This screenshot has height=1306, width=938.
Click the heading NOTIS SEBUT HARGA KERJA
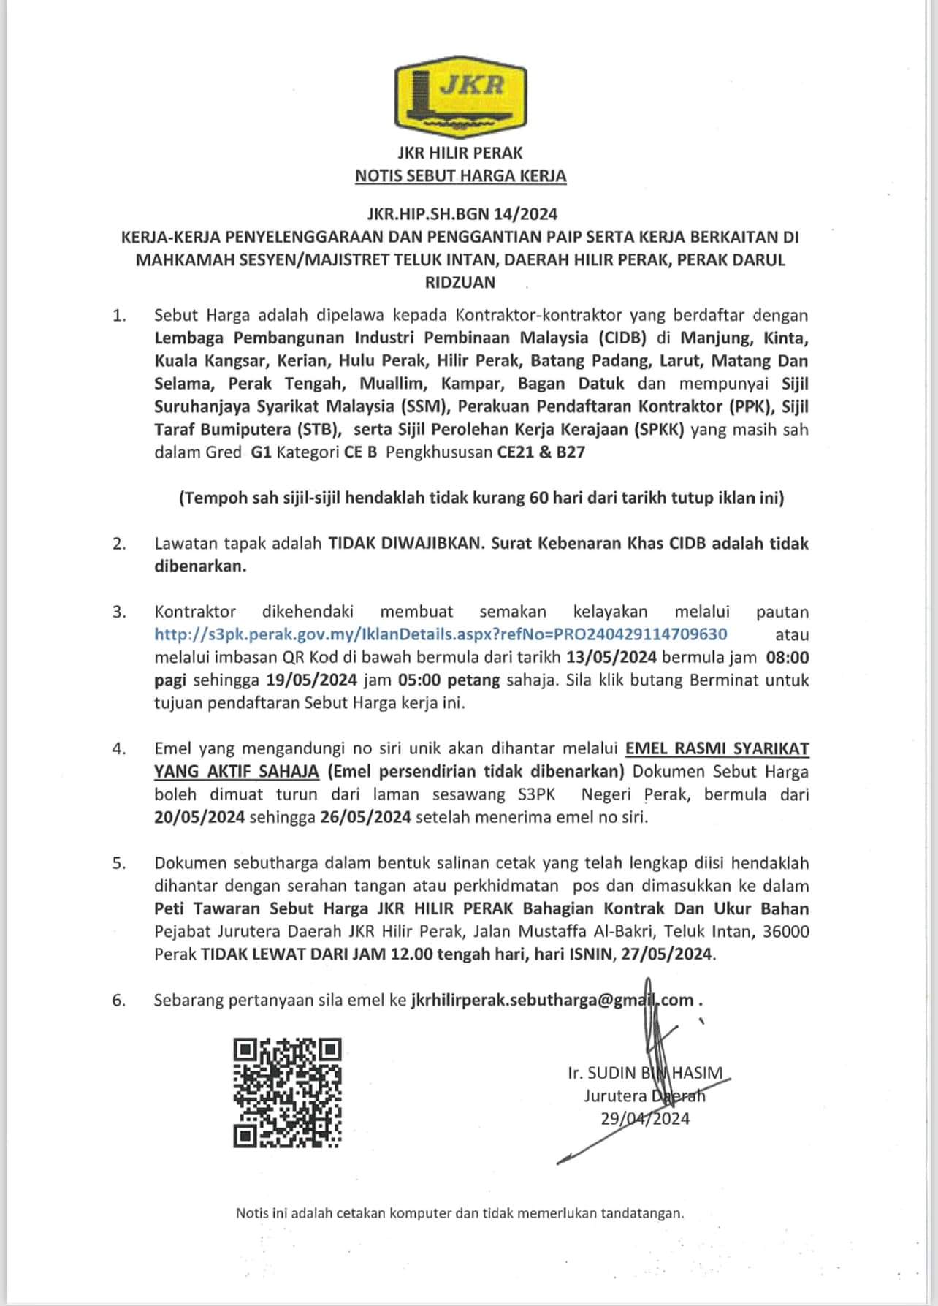click(x=460, y=176)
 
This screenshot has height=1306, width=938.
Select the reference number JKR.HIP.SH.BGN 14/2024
click(x=462, y=214)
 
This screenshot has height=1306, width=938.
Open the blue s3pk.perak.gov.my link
click(x=441, y=634)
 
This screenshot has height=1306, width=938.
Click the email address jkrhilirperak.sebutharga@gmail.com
click(x=552, y=1001)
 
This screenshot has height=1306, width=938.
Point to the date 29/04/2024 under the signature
click(x=645, y=1119)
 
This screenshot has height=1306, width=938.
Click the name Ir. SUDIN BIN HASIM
click(x=645, y=1073)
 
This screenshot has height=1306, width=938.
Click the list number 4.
click(x=119, y=749)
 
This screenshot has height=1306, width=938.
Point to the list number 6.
click(x=119, y=1001)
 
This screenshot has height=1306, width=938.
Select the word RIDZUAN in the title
click(x=460, y=282)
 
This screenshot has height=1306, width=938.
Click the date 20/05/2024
click(x=199, y=817)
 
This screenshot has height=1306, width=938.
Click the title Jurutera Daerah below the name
click(x=645, y=1096)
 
